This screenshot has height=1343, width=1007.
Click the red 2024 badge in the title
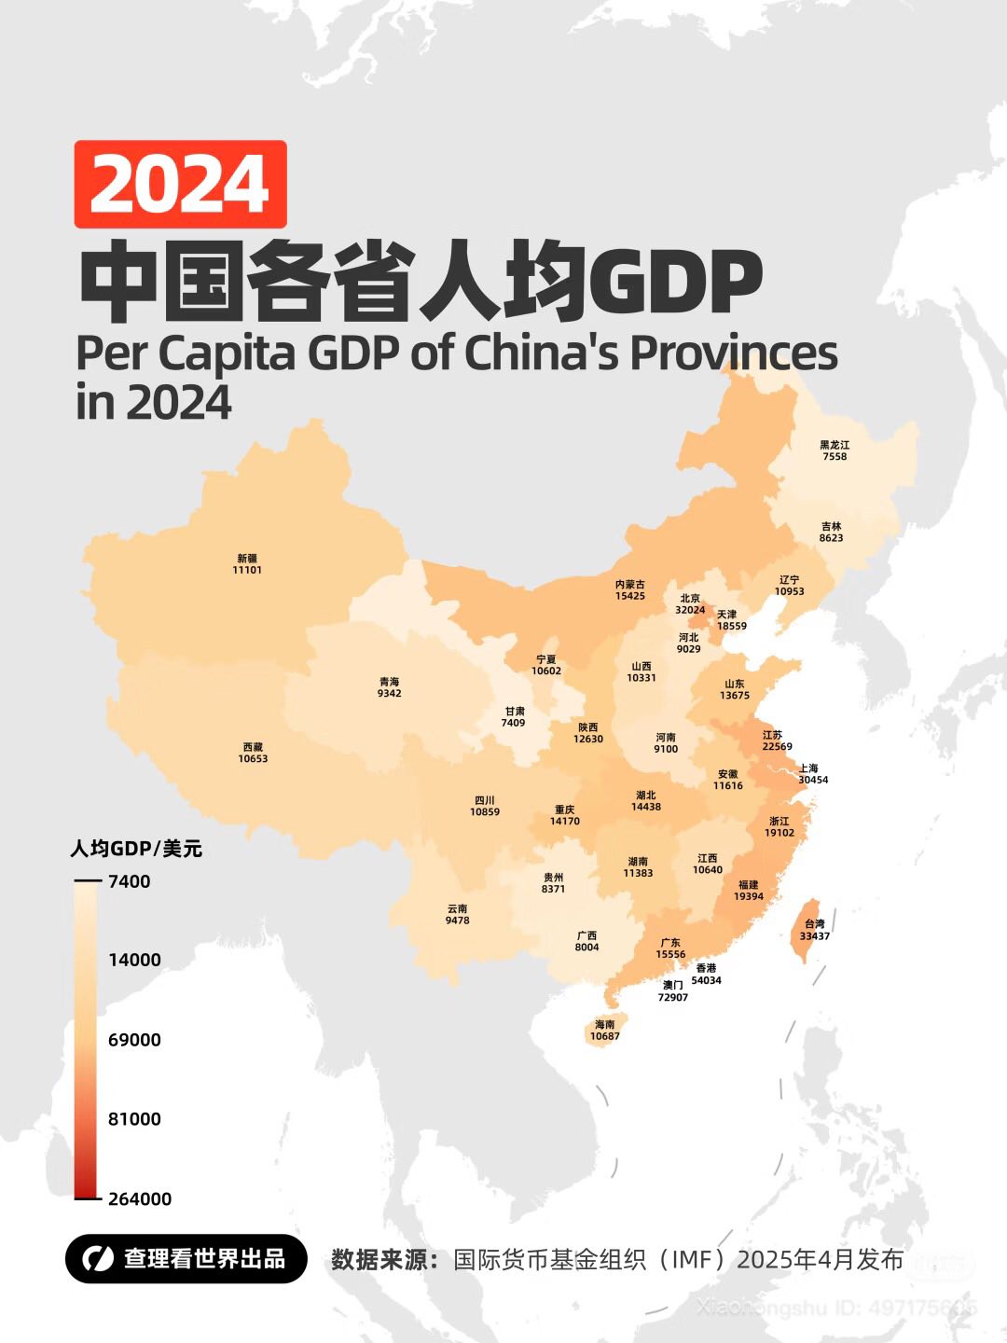180,185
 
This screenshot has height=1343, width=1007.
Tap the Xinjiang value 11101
247,570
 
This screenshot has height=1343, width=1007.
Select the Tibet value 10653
253,759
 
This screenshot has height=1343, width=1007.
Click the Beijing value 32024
690,610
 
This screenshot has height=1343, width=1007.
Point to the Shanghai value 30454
813,780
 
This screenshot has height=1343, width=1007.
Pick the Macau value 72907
672,997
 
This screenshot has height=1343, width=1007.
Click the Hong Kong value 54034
706,980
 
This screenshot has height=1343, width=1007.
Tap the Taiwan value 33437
814,935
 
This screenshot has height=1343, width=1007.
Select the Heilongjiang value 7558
835,457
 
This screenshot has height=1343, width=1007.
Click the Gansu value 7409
513,723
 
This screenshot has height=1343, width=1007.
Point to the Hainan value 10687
604,1036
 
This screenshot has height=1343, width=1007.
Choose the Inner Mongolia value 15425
629,596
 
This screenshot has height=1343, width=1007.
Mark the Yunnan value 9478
457,921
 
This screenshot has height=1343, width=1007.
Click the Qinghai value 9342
389,694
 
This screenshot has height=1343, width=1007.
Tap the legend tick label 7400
129,881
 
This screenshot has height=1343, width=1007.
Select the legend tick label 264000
139,1198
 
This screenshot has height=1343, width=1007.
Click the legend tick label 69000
134,1040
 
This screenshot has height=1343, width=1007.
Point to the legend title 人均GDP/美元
136,849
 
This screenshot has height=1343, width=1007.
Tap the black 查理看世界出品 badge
186,1259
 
